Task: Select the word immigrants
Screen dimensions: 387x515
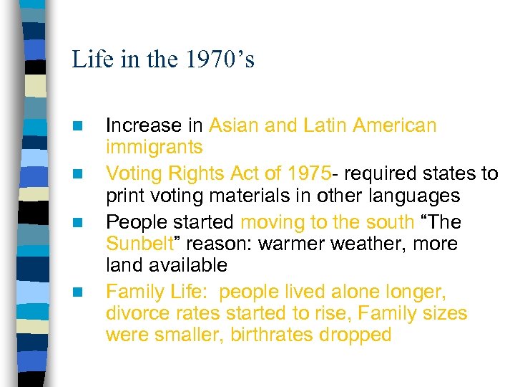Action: click(x=154, y=148)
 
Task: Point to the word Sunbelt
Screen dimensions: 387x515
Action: click(x=139, y=244)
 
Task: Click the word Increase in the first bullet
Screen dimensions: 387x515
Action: click(x=143, y=126)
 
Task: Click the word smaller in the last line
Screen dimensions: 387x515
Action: click(x=189, y=335)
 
